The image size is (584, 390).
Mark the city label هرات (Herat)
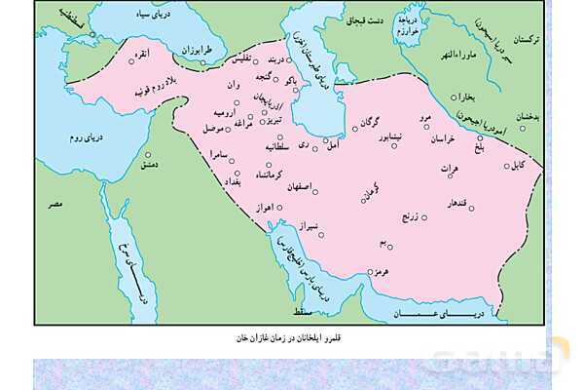click(448, 168)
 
